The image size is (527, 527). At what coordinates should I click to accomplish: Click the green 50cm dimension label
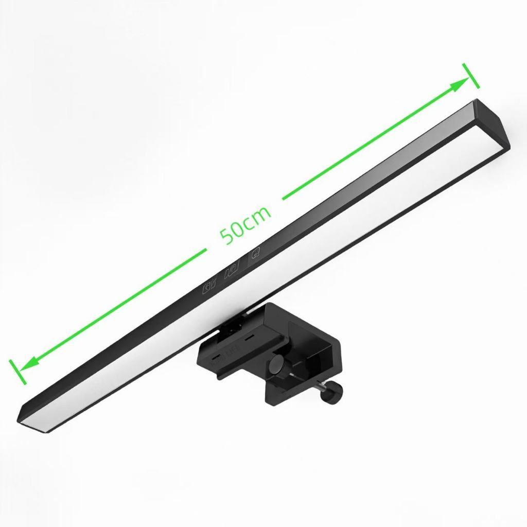(x=245, y=224)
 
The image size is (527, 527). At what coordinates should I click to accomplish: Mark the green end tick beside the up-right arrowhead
(x=471, y=76)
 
